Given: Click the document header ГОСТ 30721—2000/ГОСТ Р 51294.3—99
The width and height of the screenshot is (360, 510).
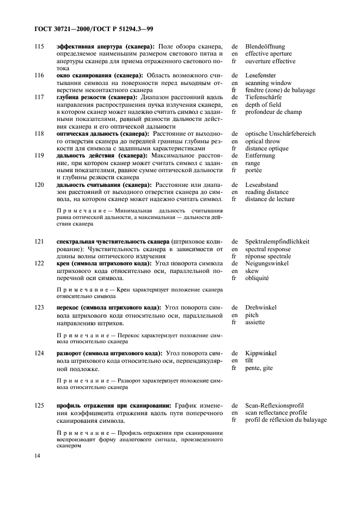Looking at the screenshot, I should [x=92, y=28].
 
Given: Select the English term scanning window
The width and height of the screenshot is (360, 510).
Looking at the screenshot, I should [x=268, y=83].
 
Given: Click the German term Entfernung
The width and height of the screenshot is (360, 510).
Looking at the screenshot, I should [x=260, y=155].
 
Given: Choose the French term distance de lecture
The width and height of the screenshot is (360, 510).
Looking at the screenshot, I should [x=270, y=199].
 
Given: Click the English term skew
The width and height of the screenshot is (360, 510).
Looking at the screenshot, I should [x=252, y=270].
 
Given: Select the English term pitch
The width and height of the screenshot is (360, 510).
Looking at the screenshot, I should [x=252, y=315].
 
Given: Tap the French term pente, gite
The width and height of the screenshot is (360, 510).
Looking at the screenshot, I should [x=259, y=368].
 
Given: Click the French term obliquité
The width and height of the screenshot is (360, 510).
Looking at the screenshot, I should [x=257, y=277].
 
